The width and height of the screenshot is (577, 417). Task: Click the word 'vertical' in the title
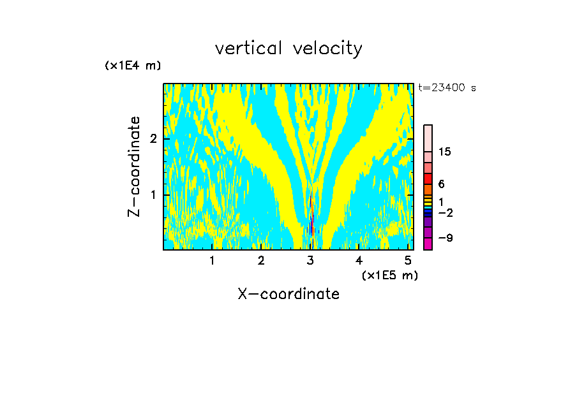[x=249, y=48]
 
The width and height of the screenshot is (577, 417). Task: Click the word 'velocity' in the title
[x=328, y=48]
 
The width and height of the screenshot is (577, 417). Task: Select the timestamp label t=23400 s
[x=447, y=88]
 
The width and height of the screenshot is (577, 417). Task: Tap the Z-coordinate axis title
[x=134, y=166]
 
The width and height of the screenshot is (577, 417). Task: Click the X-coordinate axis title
[x=288, y=294]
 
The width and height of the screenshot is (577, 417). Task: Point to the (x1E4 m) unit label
[x=133, y=65]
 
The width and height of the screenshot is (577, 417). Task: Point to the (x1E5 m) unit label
[x=389, y=275]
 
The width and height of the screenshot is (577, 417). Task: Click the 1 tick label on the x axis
[x=212, y=260]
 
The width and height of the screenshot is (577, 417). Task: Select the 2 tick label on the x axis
[x=261, y=260]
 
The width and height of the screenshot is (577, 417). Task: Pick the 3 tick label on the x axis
[x=310, y=260]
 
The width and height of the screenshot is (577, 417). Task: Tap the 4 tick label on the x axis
[x=359, y=260]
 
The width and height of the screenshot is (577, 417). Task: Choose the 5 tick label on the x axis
[x=408, y=260]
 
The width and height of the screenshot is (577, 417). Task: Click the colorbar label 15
[x=445, y=152]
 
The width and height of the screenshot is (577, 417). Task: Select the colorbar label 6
[x=441, y=184]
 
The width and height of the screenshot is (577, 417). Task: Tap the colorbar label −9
[x=444, y=238]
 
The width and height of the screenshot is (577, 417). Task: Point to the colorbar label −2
[x=444, y=212]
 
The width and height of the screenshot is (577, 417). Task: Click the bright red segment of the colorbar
[x=428, y=179]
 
